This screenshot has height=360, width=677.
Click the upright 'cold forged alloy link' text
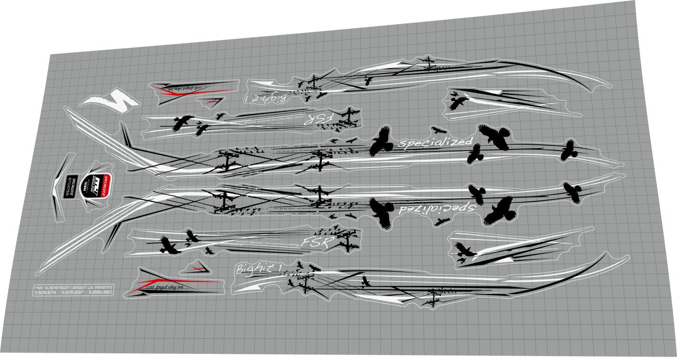[x=164, y=287]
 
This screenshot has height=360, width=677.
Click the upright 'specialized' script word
[x=434, y=142]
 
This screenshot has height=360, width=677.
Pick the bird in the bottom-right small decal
[x=464, y=251]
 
